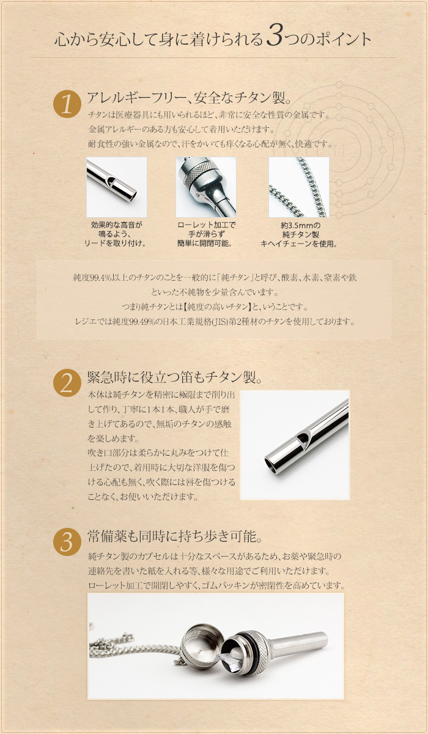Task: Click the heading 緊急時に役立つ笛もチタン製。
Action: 175,376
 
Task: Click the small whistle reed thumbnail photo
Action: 117,187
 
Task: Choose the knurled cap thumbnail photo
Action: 206,187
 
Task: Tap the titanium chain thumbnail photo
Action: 299,187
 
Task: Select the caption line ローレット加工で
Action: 206,225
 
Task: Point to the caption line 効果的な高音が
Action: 116,225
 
